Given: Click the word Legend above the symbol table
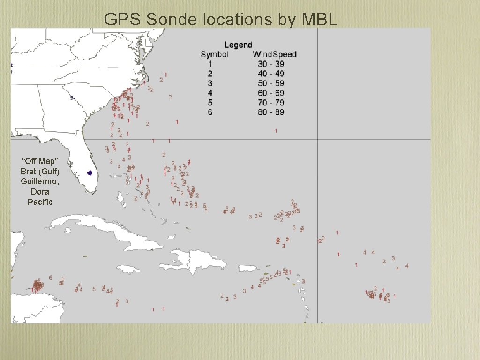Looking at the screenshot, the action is coord(238,45).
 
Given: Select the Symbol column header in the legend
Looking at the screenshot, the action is coord(215,54).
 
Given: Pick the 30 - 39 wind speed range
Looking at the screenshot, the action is coord(271,64).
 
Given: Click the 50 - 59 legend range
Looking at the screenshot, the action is coord(271,83).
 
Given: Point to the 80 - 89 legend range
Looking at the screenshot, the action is coord(271,112).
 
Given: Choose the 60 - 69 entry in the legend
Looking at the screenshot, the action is coord(271,93).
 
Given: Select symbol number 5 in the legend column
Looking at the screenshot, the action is coord(210,102).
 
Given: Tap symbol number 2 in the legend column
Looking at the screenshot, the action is coord(210,74).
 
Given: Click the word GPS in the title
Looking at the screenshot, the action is coord(123,19).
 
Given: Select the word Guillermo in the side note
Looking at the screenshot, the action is coord(40,181).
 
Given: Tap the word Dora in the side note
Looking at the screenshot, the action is coord(40,191).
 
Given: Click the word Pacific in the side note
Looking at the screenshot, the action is coord(40,202).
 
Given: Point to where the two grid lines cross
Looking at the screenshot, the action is coord(318,139).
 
